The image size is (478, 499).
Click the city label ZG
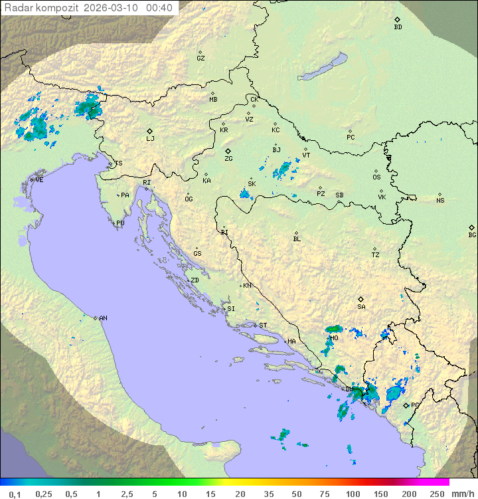[x=228, y=159]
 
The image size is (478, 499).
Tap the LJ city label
[x=150, y=138]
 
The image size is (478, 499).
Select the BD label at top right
[x=398, y=27]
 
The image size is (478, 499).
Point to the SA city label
[x=361, y=306]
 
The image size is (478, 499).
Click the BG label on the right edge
[x=472, y=235]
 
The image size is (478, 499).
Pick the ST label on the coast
[x=263, y=325]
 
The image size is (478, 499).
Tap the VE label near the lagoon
[x=39, y=179]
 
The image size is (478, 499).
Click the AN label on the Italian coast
[x=103, y=318]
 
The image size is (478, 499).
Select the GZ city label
[x=200, y=58]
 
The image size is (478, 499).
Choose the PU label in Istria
[x=120, y=223]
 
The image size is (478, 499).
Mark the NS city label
[x=440, y=200]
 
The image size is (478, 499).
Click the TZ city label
[x=376, y=254]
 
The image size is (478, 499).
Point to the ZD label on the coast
[x=195, y=280]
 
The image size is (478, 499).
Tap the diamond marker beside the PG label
[x=406, y=405]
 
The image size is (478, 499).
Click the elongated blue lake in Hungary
[x=323, y=67]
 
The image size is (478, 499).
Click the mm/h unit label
[x=462, y=494]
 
